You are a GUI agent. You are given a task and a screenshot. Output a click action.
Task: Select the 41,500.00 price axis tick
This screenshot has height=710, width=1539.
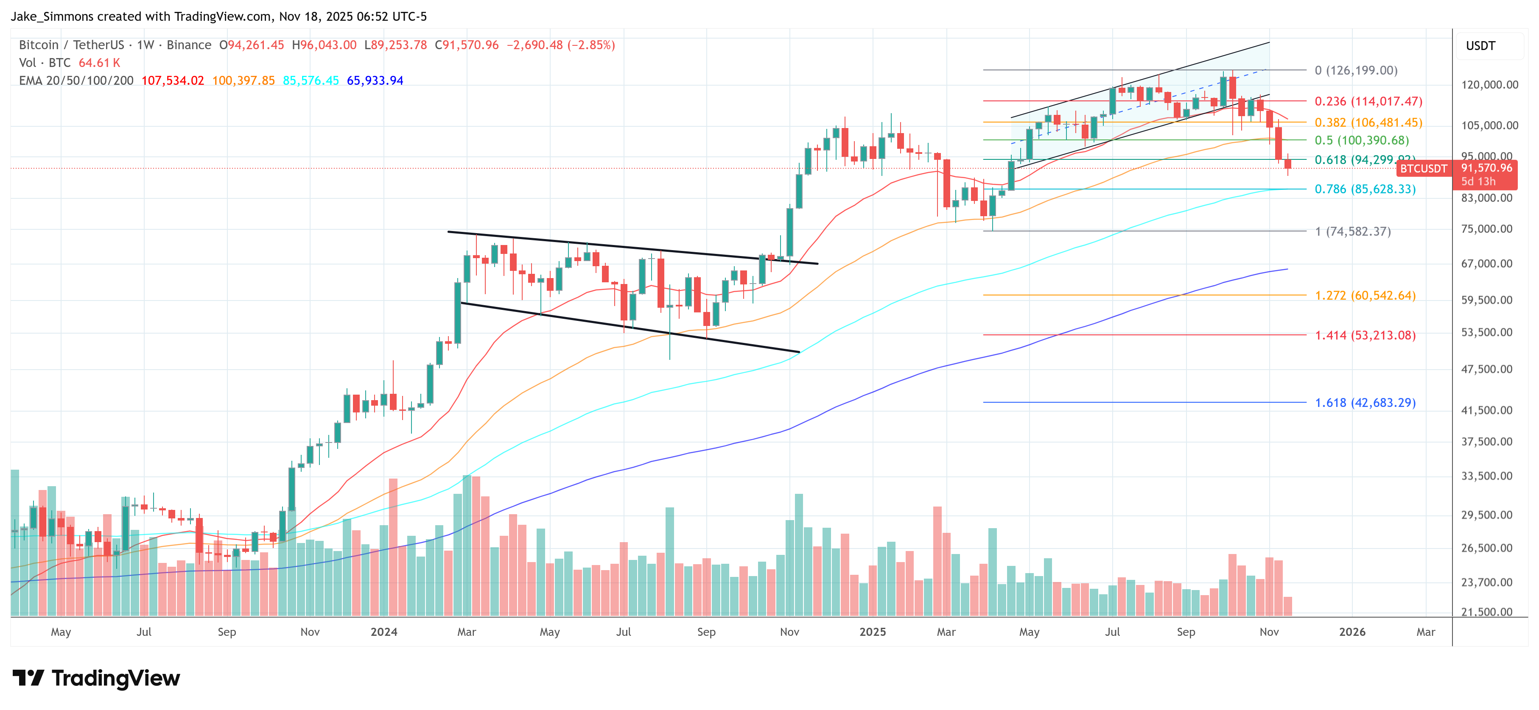1486,410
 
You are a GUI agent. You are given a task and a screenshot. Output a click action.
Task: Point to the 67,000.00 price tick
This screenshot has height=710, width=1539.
1486,264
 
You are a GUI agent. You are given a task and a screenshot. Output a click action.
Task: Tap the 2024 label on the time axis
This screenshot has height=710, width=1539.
383,632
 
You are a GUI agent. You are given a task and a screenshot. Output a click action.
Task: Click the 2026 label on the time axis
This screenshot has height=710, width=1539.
1352,632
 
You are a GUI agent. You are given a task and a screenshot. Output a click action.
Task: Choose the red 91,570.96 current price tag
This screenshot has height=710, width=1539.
1486,168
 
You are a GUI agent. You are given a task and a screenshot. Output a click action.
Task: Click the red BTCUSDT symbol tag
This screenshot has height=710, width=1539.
1423,169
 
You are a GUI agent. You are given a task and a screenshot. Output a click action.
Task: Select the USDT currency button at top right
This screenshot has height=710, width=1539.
1480,46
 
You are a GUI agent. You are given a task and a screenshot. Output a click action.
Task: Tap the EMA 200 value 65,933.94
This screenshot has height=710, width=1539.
375,81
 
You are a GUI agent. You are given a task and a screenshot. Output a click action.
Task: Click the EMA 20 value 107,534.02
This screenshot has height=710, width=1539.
173,81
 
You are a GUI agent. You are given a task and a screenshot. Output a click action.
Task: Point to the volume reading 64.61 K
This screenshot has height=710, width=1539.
99,63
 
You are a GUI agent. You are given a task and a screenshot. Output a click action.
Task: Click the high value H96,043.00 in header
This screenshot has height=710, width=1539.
324,45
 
